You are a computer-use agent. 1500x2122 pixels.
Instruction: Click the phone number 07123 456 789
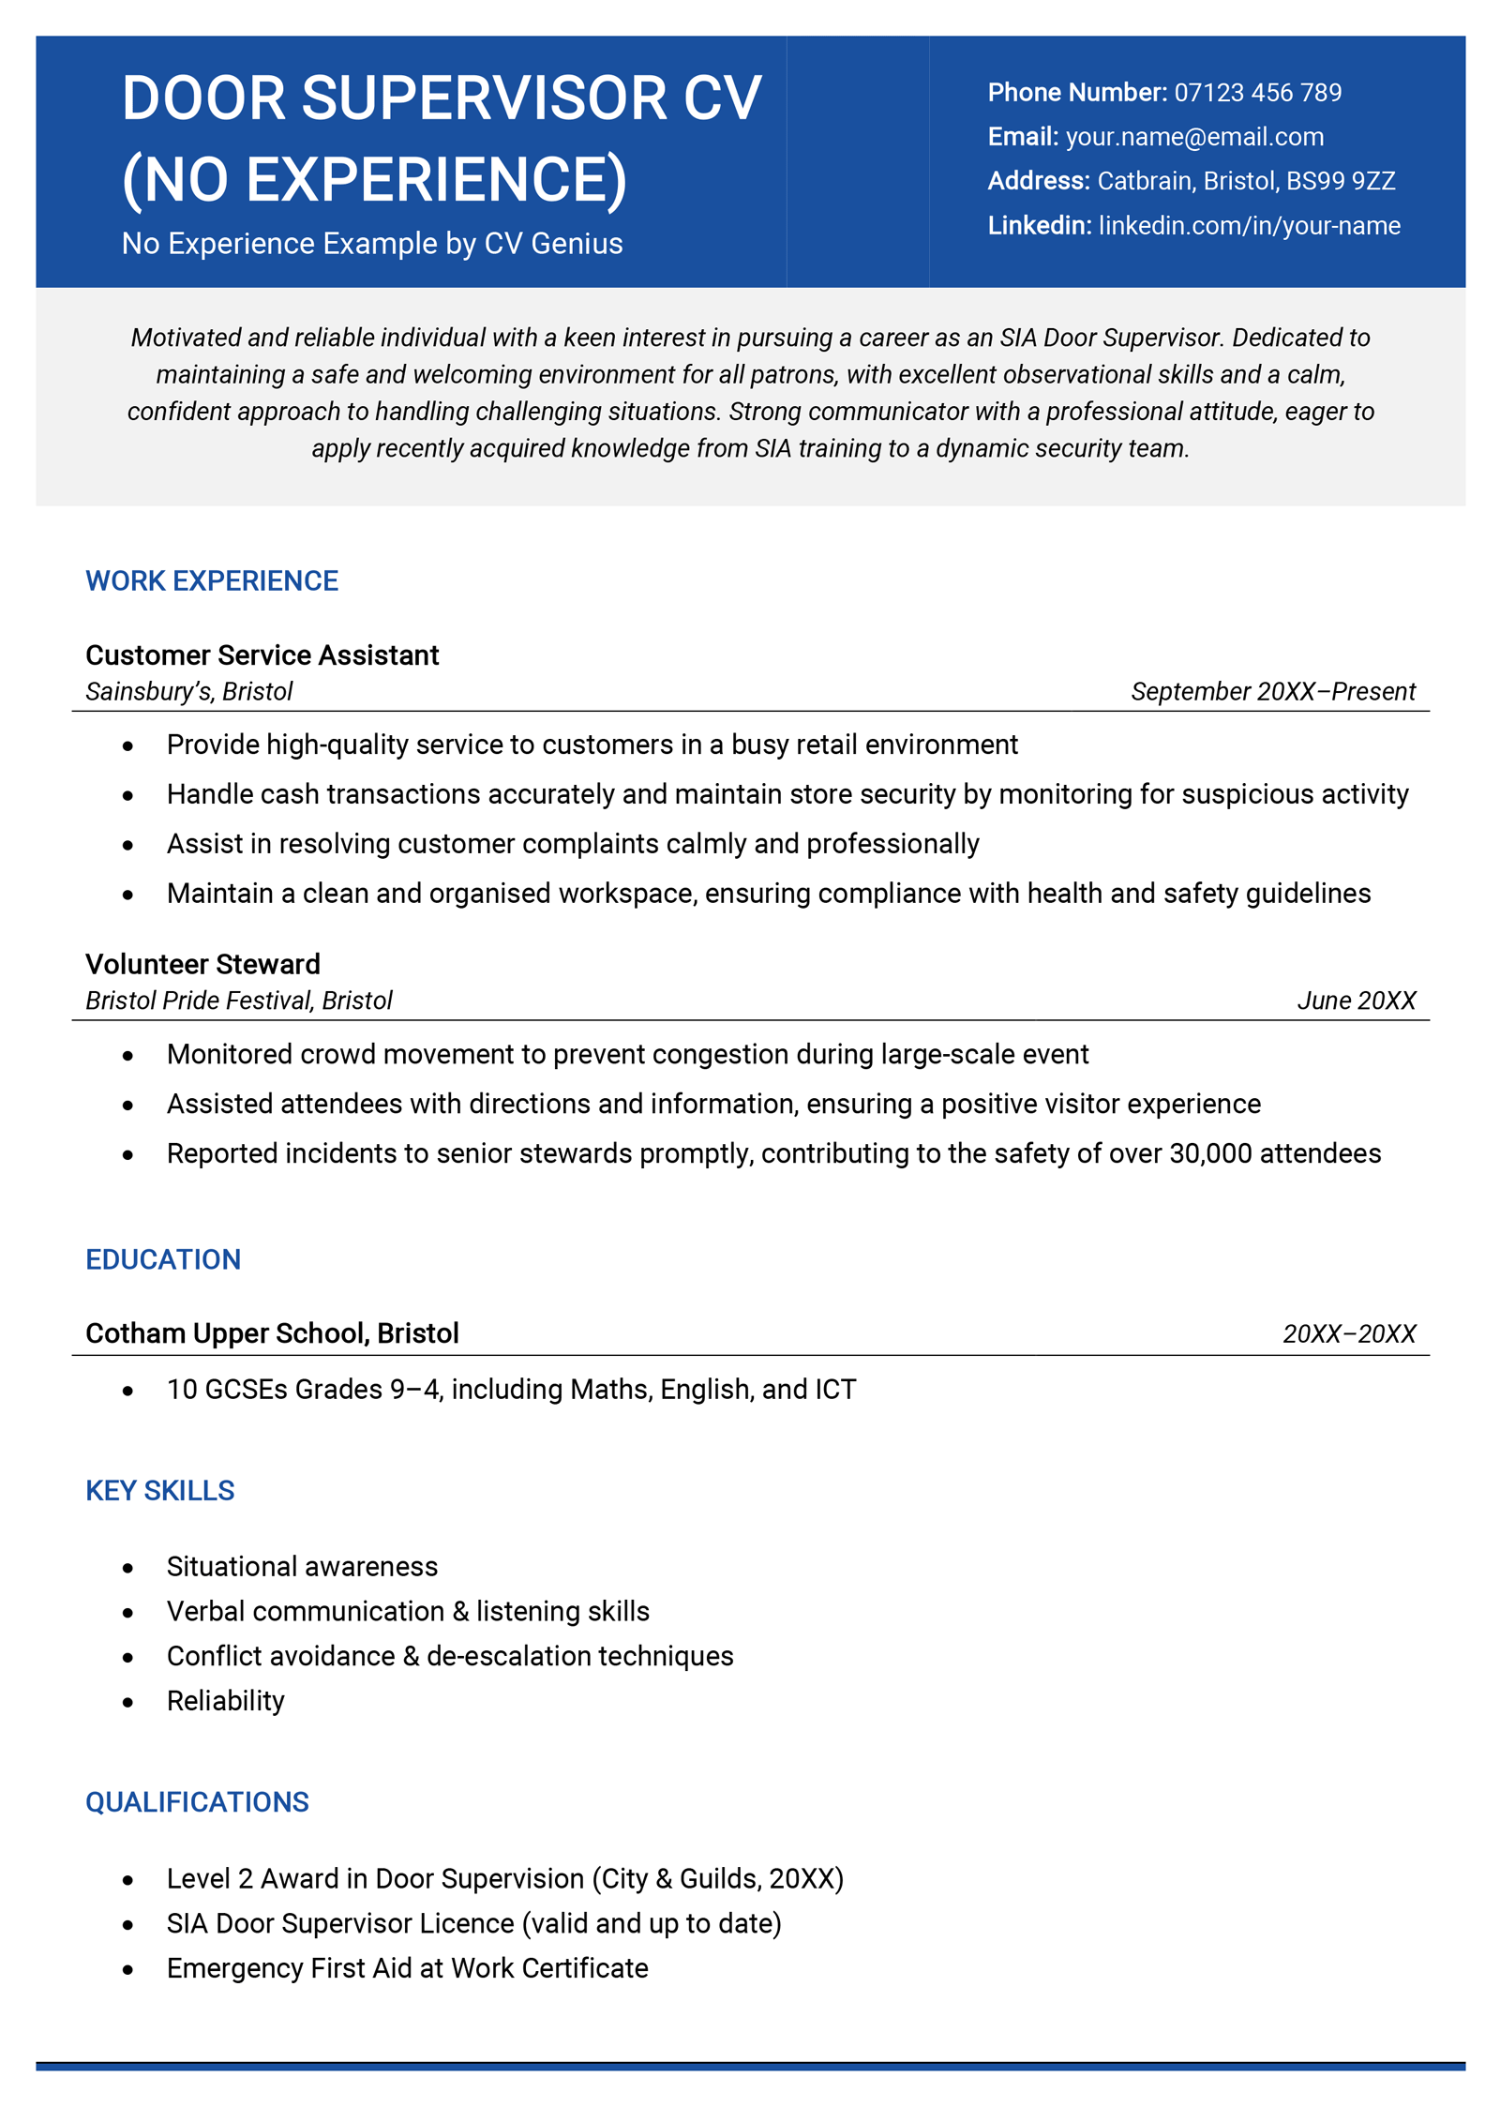coord(1257,93)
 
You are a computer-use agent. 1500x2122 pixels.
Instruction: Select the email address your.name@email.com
coord(1194,137)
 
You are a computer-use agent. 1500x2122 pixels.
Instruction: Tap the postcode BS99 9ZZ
coord(1341,181)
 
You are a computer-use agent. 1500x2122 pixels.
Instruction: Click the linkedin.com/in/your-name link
coord(1249,226)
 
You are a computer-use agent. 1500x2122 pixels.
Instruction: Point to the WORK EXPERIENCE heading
coord(212,581)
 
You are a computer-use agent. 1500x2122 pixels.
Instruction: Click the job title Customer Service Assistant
coord(262,655)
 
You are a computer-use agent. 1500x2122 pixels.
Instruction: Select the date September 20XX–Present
coord(1272,692)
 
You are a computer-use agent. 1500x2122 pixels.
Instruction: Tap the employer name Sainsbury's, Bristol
coord(188,692)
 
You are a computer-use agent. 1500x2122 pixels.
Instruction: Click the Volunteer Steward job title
coord(202,964)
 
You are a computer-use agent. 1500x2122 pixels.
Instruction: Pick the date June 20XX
coord(1356,1001)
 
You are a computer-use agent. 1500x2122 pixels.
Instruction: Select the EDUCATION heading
coord(163,1259)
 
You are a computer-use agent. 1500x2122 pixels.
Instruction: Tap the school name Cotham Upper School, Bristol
coord(272,1333)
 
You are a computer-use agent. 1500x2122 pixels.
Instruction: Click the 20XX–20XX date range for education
coord(1348,1334)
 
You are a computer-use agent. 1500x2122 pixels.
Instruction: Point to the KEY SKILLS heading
coord(160,1491)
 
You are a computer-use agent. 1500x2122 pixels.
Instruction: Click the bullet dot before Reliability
coord(127,1702)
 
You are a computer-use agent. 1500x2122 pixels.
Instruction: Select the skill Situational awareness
coord(302,1567)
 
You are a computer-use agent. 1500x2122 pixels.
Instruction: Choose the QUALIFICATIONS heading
coord(197,1802)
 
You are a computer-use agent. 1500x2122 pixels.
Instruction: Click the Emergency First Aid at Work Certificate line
coord(407,1968)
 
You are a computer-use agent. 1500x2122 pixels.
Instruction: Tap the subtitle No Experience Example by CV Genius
coord(372,244)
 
